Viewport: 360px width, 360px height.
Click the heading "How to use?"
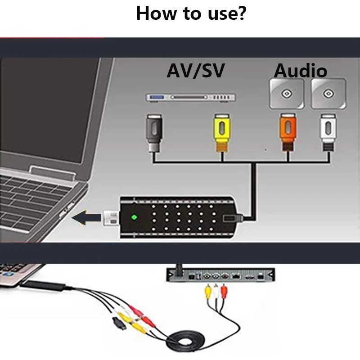tap(191, 14)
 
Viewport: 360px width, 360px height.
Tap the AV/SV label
tap(195, 71)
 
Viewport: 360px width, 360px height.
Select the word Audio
tap(301, 71)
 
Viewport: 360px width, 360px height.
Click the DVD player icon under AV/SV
tap(191, 97)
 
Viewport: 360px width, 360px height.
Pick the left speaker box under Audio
tap(285, 94)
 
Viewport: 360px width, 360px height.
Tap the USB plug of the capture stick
tap(111, 218)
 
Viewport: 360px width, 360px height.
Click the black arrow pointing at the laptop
tap(87, 219)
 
